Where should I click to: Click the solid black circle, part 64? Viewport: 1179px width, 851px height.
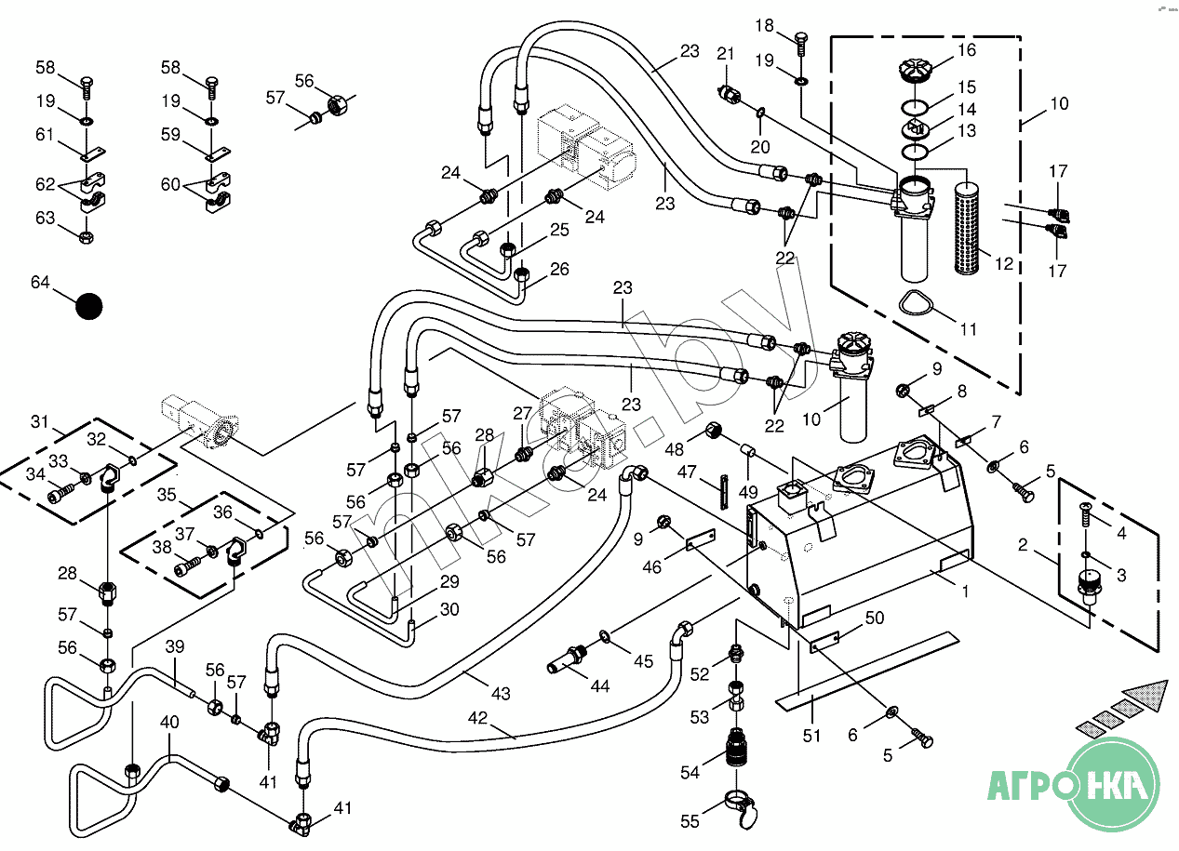[x=89, y=306]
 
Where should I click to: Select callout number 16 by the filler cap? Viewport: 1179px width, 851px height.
[x=966, y=50]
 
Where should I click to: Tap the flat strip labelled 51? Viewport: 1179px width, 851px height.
[x=865, y=667]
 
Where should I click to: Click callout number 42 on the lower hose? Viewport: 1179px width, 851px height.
[x=477, y=718]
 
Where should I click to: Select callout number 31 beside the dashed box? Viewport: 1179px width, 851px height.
[x=39, y=421]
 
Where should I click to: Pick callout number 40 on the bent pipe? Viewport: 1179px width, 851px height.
[x=168, y=722]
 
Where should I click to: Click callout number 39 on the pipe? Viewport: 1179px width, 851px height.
[x=175, y=647]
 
